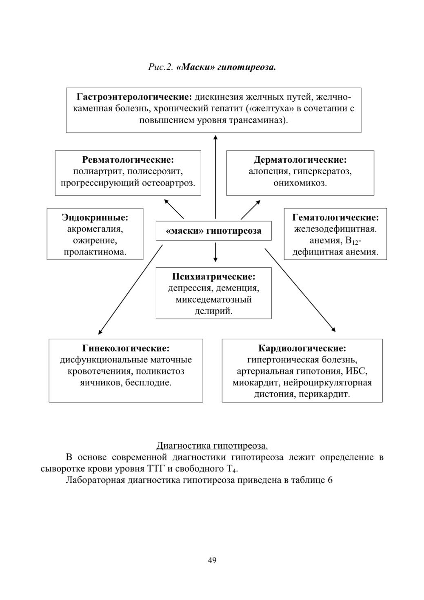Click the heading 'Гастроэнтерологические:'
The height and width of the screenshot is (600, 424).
134,97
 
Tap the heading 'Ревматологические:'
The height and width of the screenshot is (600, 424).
128,159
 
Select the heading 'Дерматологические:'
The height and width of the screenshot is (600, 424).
300,159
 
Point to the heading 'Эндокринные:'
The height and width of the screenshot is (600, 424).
95,217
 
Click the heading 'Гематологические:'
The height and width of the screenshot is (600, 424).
335,217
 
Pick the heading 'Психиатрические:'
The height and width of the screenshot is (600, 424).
213,277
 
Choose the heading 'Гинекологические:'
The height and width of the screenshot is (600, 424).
126,348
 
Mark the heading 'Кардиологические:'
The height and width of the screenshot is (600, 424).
302,348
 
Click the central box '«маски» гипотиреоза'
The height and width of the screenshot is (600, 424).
213,230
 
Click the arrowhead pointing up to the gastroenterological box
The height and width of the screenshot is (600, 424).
215,137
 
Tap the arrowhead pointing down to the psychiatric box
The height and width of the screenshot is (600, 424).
215,259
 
